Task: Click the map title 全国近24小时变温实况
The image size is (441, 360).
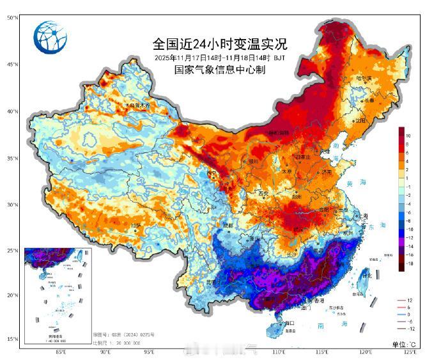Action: (220, 44)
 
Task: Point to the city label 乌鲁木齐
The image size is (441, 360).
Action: (139, 105)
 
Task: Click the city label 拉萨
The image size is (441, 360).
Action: (135, 225)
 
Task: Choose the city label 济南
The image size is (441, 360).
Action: (327, 171)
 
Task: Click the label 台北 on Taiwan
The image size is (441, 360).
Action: (366, 276)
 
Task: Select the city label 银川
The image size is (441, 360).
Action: (252, 161)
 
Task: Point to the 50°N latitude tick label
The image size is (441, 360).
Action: (12, 18)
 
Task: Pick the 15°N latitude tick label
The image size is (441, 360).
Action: (12, 339)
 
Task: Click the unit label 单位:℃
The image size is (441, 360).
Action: (404, 345)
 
